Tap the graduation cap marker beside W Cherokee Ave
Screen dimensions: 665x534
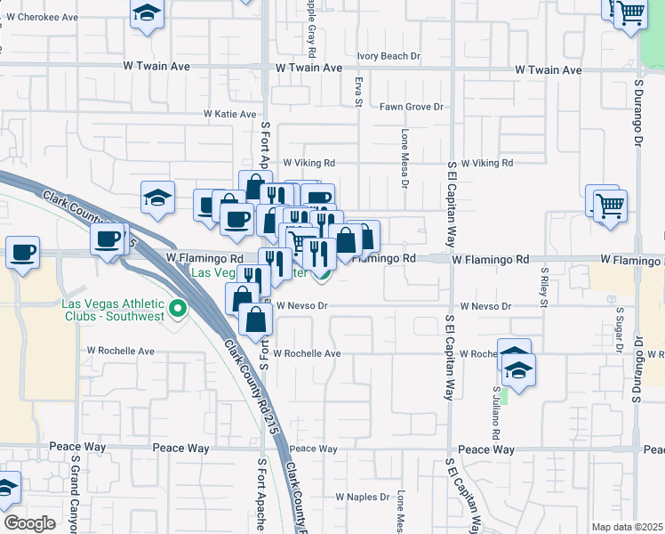coord(148,13)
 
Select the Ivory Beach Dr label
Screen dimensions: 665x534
coord(389,56)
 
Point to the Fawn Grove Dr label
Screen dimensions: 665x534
coord(412,107)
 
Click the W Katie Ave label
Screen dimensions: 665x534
coord(230,114)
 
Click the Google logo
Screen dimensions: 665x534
coord(29,522)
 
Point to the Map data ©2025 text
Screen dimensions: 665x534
coord(626,527)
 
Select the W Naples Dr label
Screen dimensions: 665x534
coord(363,497)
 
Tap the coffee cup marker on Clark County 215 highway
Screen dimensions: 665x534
coord(108,238)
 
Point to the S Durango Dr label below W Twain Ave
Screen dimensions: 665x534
coord(637,116)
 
